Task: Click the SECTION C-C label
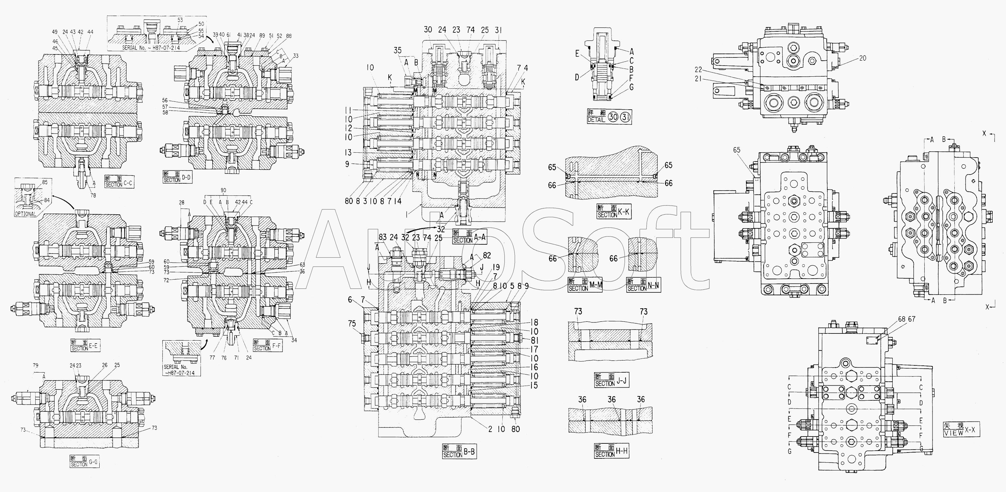point(120,181)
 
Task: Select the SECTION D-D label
point(177,177)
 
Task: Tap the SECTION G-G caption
point(84,461)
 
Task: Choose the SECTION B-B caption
point(459,452)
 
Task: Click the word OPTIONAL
point(26,214)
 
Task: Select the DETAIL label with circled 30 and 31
point(609,117)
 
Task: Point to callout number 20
point(863,58)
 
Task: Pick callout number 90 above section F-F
point(223,191)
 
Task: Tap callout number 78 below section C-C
point(93,195)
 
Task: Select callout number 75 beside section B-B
point(352,323)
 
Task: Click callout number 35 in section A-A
point(398,50)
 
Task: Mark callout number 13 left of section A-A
point(348,153)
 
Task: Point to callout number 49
point(54,32)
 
